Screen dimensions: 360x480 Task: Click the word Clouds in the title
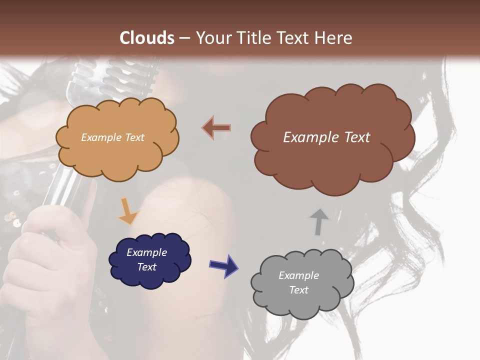(x=147, y=38)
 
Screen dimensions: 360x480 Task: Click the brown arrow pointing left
(x=216, y=128)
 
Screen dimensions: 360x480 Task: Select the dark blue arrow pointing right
(x=223, y=265)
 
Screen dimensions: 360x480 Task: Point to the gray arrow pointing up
(x=319, y=221)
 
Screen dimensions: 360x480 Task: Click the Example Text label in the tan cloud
(x=112, y=137)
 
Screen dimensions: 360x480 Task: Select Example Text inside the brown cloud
(x=326, y=137)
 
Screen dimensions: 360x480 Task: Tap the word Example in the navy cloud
(x=146, y=252)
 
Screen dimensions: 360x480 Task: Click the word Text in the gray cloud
(x=298, y=290)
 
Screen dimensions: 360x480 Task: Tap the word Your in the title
(x=211, y=38)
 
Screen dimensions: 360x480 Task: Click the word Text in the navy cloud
(x=146, y=267)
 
